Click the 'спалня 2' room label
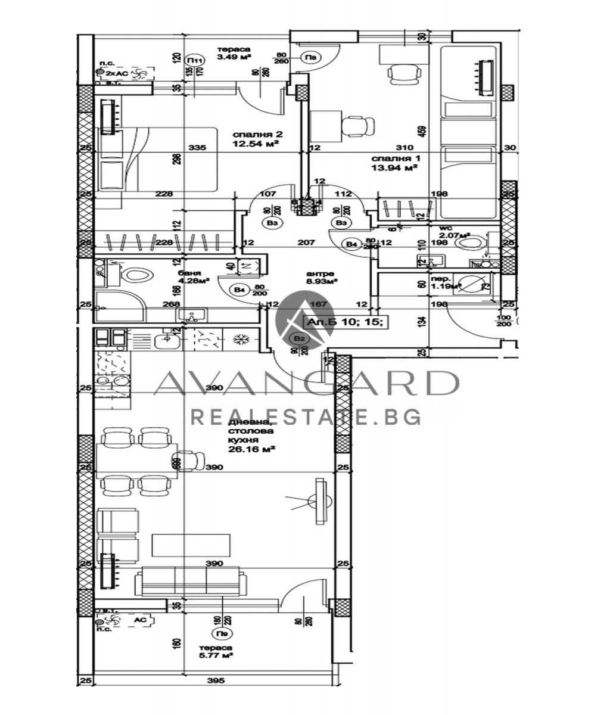click(256, 134)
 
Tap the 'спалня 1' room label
click(392, 159)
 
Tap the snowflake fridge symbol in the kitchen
click(241, 340)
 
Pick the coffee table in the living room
click(191, 544)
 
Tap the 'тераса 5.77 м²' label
click(216, 651)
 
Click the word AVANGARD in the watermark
click(306, 384)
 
